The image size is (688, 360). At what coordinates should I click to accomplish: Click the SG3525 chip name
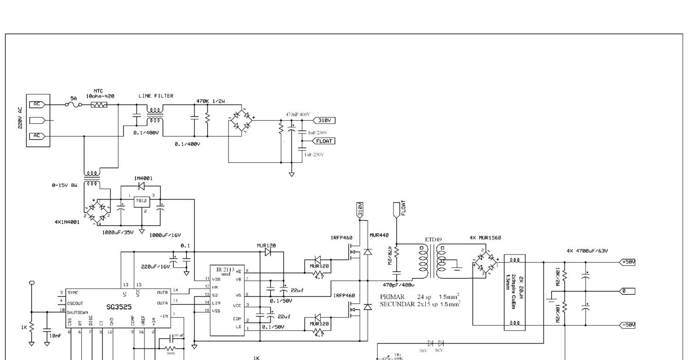pyautogui.click(x=117, y=307)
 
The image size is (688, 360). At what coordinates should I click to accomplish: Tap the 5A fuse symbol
pyautogui.click(x=73, y=105)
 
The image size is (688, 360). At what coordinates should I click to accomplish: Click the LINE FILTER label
pyautogui.click(x=156, y=96)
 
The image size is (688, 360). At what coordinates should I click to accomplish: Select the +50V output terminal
pyautogui.click(x=628, y=262)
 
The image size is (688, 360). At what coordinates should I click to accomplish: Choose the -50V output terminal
pyautogui.click(x=628, y=325)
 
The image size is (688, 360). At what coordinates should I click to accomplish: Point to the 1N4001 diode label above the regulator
pyautogui.click(x=144, y=178)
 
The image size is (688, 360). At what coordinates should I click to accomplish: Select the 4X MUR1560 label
pyautogui.click(x=485, y=238)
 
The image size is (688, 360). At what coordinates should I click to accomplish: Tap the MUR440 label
pyautogui.click(x=379, y=235)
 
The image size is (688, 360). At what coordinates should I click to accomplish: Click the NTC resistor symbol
pyautogui.click(x=99, y=105)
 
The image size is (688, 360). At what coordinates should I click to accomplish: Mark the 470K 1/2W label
pyautogui.click(x=211, y=101)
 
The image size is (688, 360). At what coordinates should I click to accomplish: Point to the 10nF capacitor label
pyautogui.click(x=55, y=336)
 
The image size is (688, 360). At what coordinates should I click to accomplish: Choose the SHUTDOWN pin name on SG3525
pyautogui.click(x=78, y=312)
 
